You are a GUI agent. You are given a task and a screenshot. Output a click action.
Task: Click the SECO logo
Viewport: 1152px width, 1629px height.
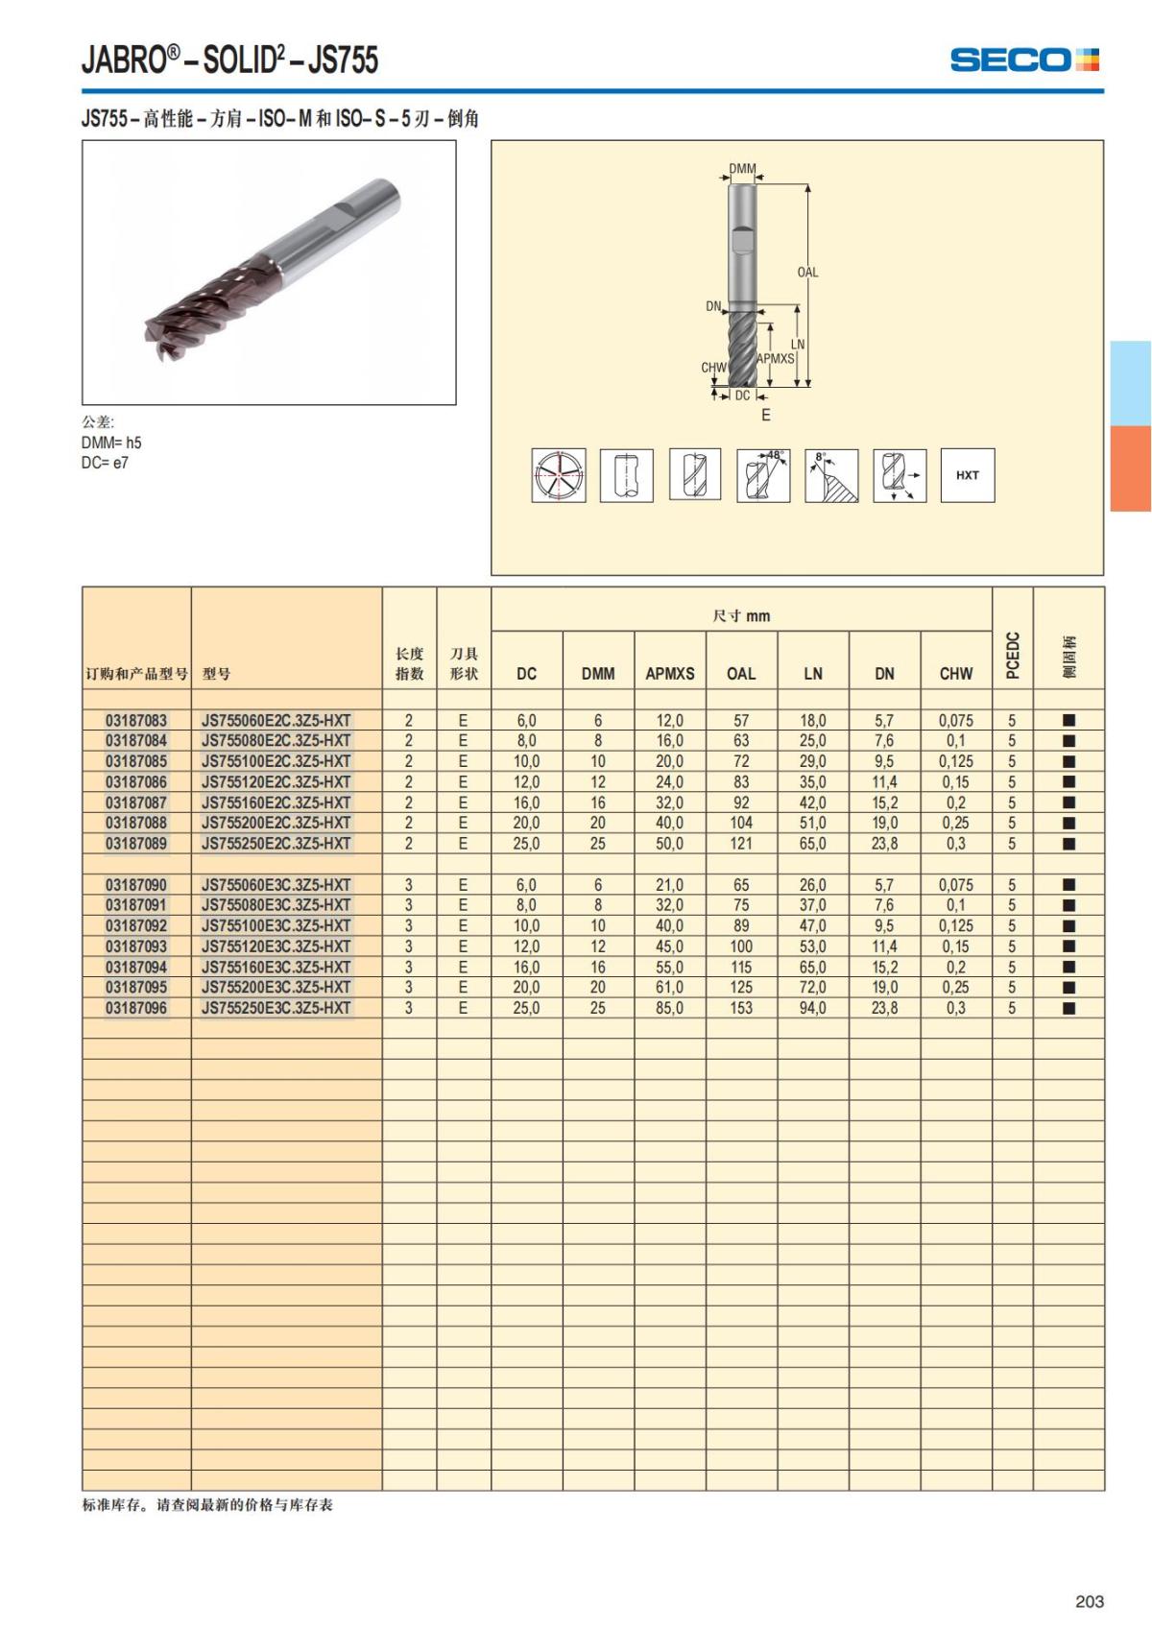click(1024, 60)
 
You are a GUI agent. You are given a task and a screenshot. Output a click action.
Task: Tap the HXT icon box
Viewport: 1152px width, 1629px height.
click(968, 475)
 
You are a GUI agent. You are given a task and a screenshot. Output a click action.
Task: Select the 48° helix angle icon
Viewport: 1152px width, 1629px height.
click(763, 475)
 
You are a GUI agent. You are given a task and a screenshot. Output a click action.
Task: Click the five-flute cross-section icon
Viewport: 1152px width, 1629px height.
click(559, 475)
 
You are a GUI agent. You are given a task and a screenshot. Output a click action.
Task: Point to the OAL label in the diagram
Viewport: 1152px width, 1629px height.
click(807, 272)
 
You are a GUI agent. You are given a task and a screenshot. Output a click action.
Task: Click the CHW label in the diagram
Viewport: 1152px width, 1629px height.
click(712, 368)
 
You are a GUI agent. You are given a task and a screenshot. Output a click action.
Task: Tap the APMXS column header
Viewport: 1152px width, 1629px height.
click(670, 674)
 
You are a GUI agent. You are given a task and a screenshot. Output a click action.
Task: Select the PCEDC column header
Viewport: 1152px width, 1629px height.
click(1013, 656)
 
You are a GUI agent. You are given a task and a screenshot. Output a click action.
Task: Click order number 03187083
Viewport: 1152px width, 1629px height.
click(136, 721)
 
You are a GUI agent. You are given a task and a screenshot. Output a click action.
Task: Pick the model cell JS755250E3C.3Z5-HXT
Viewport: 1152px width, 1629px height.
click(276, 1008)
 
